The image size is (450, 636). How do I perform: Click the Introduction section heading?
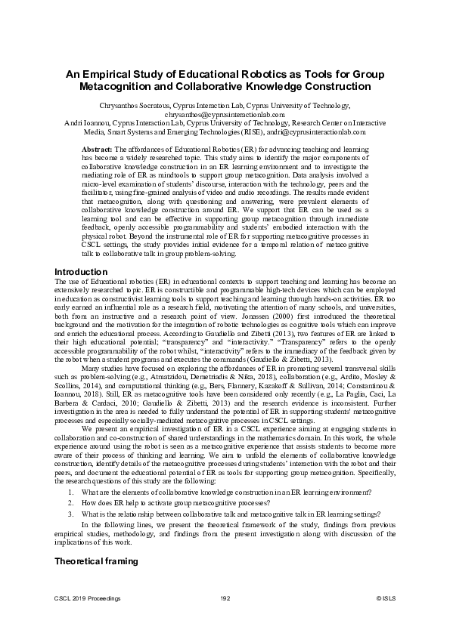click(81, 271)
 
